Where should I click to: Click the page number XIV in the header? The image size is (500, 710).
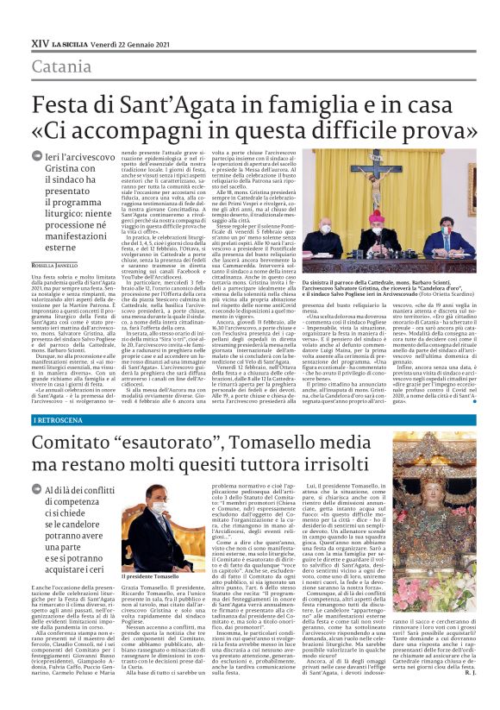tap(39, 41)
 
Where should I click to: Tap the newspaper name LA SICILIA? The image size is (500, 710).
tap(79, 42)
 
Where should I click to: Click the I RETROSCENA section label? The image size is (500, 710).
tap(59, 419)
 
